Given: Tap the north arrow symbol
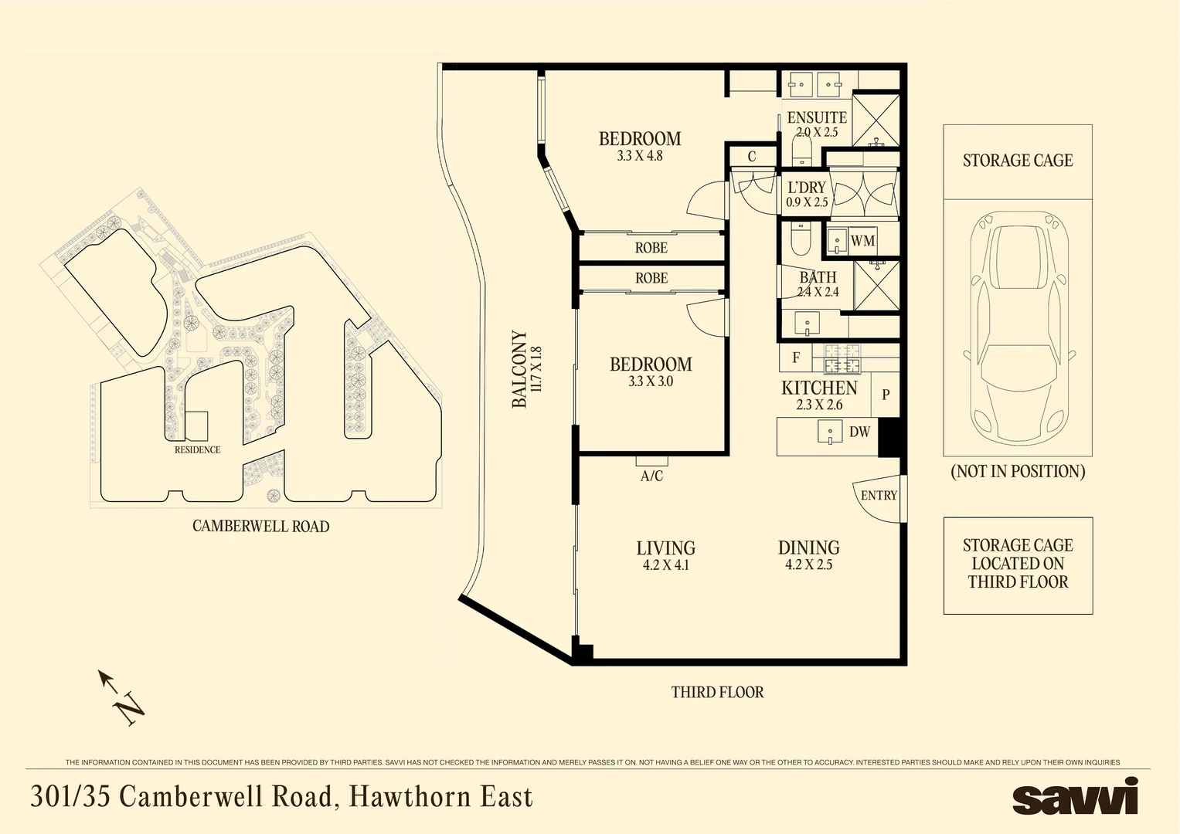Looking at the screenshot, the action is point(121,697).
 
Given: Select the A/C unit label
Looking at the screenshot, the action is point(651,476).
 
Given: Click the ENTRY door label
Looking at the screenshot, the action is point(879,496).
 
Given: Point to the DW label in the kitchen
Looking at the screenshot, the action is point(860,432).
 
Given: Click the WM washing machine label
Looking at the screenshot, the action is point(863,241).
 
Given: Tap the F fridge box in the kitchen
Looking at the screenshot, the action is point(796,358).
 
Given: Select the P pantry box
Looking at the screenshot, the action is point(886,395).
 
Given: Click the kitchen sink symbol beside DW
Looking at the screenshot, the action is point(830,432).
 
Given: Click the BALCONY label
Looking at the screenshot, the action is point(519,369).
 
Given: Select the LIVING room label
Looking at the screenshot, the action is point(666,548).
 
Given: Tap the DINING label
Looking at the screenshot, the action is point(808,548).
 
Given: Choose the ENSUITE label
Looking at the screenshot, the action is point(817,117).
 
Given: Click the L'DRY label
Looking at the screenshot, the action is point(807,188).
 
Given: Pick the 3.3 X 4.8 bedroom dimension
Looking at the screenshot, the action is point(640,156).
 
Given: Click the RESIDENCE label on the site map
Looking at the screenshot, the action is point(198,449).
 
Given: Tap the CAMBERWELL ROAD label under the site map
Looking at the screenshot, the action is point(260,526).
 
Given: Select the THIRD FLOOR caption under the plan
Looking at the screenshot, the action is point(717,692).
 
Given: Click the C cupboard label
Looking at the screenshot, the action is point(752,156).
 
